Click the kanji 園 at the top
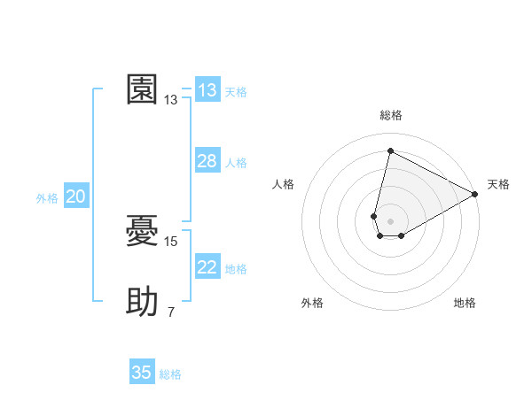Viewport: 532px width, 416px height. [143, 89]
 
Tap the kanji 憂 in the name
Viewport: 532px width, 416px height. [143, 230]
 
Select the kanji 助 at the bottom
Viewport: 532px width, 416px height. [143, 303]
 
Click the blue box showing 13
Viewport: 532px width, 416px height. [207, 90]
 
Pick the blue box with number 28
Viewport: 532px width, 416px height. [207, 161]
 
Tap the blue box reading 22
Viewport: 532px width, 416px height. [207, 267]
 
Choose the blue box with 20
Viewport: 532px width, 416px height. [75, 197]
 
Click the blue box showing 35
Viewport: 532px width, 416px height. [142, 373]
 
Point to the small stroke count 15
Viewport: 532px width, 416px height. [171, 241]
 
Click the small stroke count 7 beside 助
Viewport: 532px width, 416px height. [171, 312]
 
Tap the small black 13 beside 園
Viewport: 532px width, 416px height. [171, 100]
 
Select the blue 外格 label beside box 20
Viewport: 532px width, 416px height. [47, 199]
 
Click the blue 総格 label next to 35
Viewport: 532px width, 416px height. [170, 374]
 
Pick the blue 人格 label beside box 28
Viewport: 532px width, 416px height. [236, 163]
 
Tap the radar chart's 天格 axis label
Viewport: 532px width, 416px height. [498, 184]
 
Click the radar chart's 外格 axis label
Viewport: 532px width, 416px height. [312, 303]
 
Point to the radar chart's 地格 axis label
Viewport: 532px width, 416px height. [465, 303]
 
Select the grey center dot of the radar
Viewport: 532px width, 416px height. [390, 220]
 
